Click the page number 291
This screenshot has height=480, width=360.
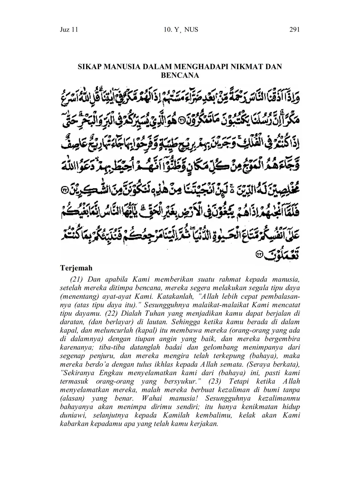[x=295, y=30]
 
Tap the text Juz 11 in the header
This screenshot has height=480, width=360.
[x=69, y=30]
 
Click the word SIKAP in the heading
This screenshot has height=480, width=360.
[x=89, y=67]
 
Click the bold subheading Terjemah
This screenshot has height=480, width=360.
[x=76, y=268]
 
